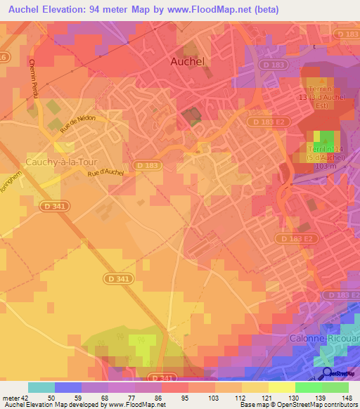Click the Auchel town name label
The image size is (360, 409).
coord(188,62)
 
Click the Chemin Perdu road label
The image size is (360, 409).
coord(33,77)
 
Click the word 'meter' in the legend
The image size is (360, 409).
coord(10,398)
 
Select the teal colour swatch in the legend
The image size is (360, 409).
coord(41,387)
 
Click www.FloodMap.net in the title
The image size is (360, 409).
coord(220,10)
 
